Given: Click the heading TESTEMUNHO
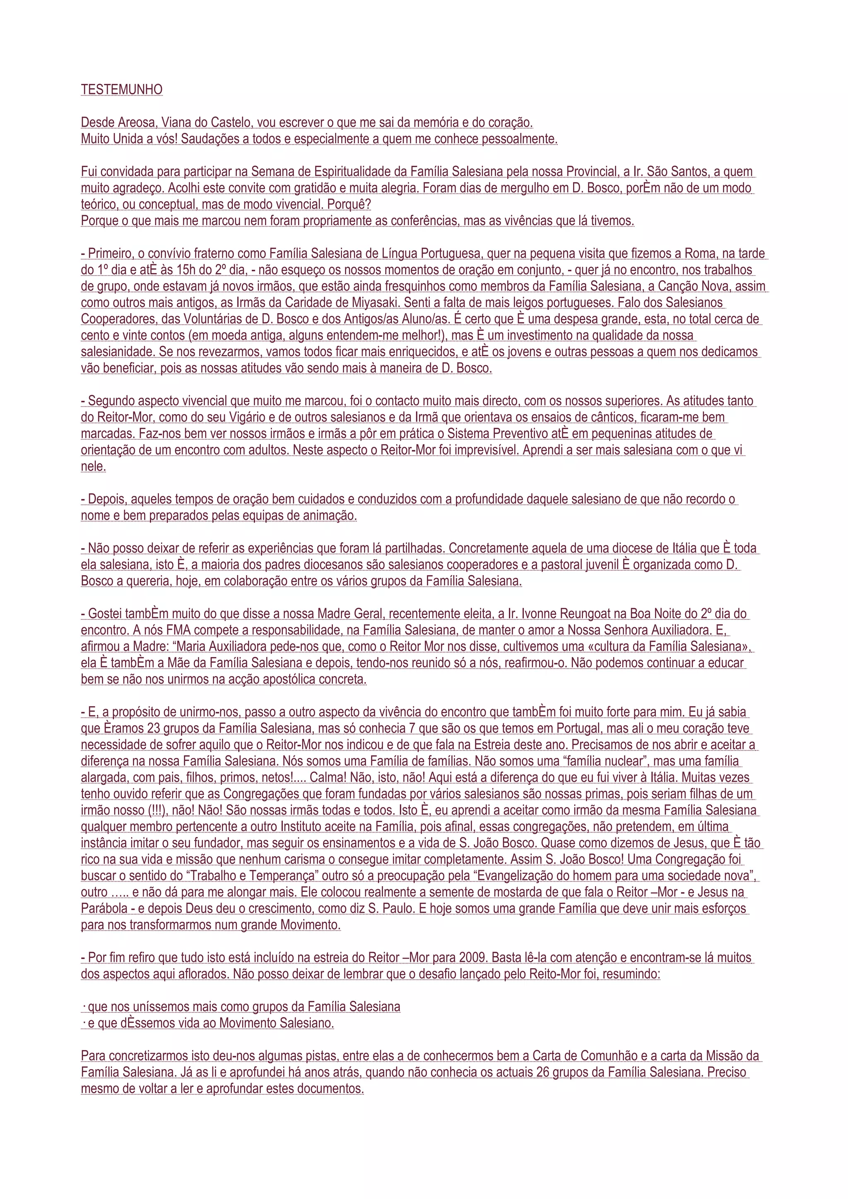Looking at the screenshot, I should coord(122,90).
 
